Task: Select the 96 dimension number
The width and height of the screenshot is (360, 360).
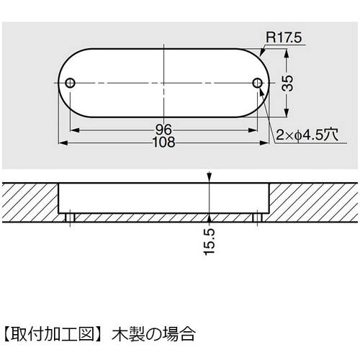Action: tap(163, 130)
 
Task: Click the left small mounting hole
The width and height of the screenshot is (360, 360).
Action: tap(70, 84)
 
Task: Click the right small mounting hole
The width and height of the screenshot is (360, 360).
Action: tap(257, 84)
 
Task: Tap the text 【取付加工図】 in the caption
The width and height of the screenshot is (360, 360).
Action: tap(54, 334)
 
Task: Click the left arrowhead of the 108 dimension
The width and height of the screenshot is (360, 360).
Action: tap(60, 143)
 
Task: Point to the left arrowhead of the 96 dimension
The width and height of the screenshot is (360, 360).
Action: tap(73, 131)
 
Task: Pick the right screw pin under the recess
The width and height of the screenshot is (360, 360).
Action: tap(257, 216)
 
